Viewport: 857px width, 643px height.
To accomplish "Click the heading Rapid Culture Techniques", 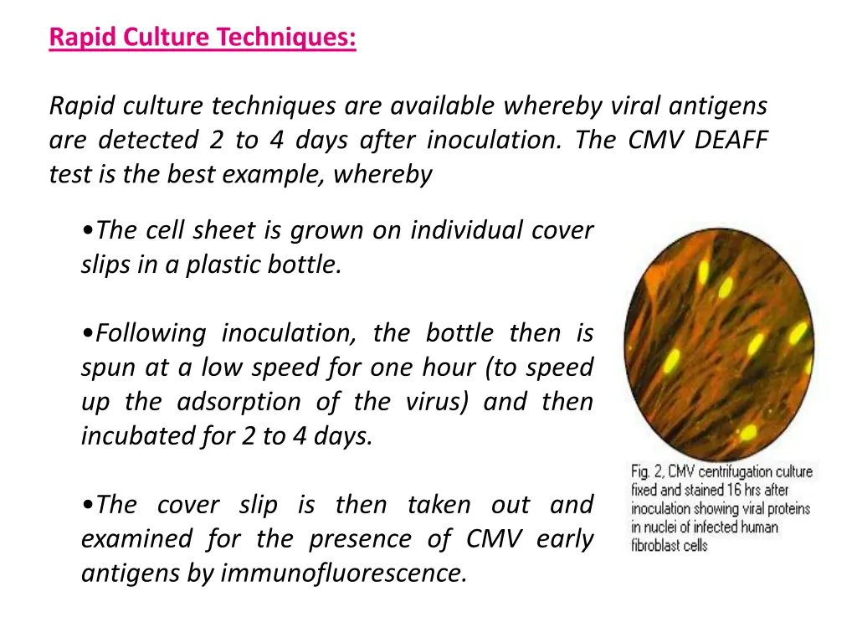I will tap(203, 38).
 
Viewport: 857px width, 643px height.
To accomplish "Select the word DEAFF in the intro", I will tap(731, 140).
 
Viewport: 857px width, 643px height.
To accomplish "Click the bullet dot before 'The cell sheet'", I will tap(88, 231).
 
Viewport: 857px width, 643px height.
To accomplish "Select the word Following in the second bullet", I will tap(150, 333).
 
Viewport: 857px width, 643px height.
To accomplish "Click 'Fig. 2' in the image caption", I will tap(646, 472).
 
